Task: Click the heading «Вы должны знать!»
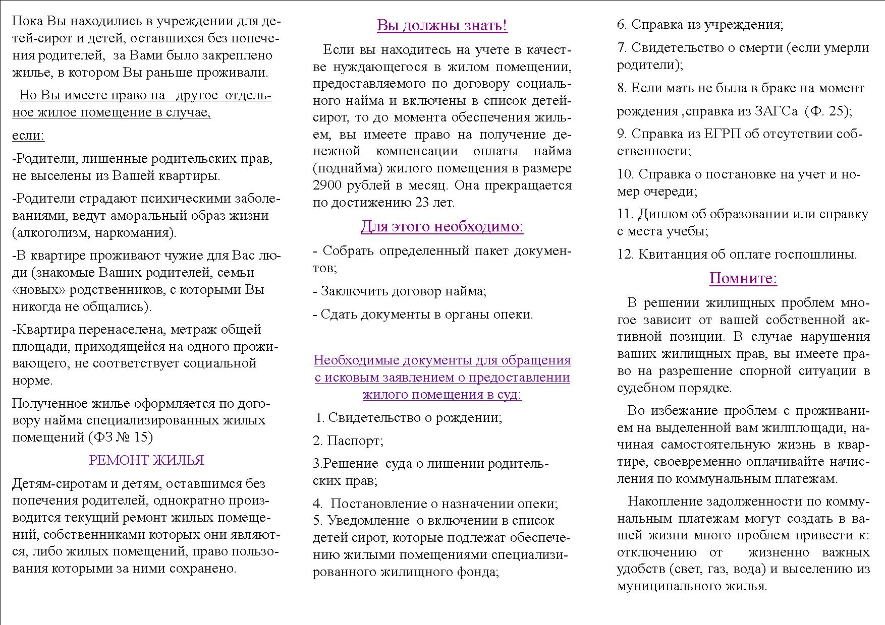pyautogui.click(x=442, y=25)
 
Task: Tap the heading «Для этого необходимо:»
pyautogui.click(x=442, y=227)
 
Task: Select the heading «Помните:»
pyautogui.click(x=743, y=278)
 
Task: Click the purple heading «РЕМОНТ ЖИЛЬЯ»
pyautogui.click(x=146, y=460)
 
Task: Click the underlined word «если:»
pyautogui.click(x=28, y=136)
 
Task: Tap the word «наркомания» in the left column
pyautogui.click(x=134, y=233)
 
